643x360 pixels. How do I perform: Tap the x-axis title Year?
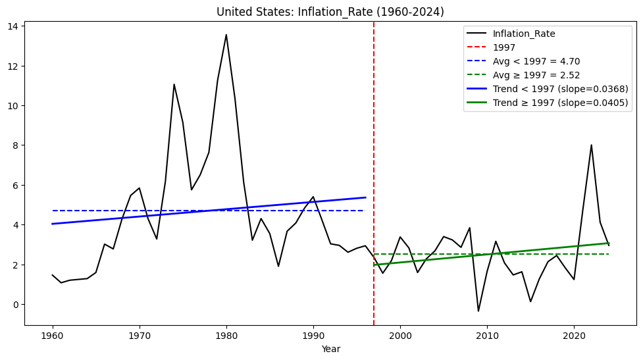point(330,349)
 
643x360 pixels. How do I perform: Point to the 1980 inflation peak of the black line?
point(226,35)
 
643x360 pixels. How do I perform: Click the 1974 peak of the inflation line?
point(174,84)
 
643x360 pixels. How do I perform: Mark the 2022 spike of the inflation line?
point(591,145)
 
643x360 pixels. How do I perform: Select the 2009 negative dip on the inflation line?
point(478,311)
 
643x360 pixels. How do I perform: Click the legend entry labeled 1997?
point(504,47)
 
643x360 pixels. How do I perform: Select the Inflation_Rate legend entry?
point(523,34)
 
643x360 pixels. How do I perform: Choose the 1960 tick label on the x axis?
point(53,336)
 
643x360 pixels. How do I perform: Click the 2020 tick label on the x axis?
point(574,336)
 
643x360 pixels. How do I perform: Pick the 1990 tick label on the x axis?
point(313,336)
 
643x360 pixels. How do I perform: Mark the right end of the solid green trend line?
point(609,243)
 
